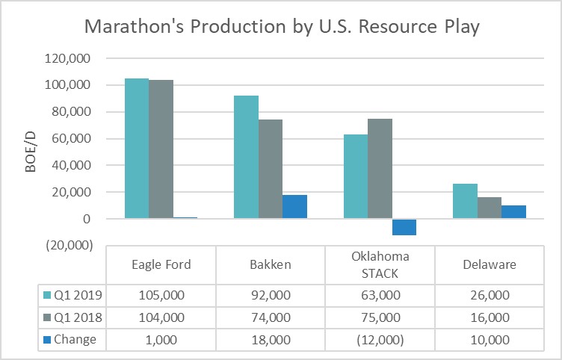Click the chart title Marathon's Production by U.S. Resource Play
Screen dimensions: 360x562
[281, 27]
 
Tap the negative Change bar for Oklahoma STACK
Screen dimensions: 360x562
[404, 227]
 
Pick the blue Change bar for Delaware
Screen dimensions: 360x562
[513, 211]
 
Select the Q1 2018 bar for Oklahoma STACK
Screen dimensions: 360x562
[380, 168]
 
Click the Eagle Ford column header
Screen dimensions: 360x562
[161, 264]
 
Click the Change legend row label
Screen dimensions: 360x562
[75, 340]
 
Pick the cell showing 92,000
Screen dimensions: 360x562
[270, 295]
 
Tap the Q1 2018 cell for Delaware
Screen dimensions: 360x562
[489, 317]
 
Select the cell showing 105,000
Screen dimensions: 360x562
[161, 295]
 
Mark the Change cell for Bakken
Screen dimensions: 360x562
[270, 340]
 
